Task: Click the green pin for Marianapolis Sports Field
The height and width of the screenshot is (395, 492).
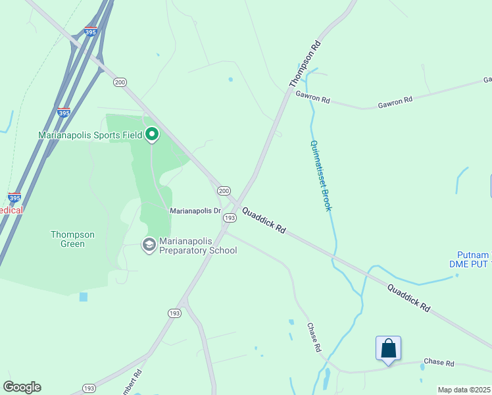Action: tap(152, 135)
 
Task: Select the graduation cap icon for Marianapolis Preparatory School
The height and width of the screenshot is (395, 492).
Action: tap(149, 245)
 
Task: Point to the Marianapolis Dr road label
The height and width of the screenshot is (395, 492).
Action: tap(195, 211)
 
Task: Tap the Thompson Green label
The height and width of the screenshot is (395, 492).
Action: tap(72, 239)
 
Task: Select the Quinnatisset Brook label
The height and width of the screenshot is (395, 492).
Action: tap(320, 176)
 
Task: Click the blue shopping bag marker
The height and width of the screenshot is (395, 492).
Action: tap(388, 348)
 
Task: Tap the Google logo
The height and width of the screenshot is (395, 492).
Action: tap(22, 387)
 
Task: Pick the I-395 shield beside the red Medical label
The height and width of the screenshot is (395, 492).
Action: tap(14, 197)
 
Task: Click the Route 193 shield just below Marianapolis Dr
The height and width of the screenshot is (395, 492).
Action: tap(230, 217)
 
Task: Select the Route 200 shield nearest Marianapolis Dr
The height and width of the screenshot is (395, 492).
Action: tap(224, 190)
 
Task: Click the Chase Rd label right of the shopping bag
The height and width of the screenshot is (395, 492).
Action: tap(439, 363)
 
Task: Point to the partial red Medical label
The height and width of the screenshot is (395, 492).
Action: tap(11, 210)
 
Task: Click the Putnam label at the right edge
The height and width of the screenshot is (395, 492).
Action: tap(474, 255)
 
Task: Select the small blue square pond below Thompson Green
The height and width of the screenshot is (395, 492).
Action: tap(83, 297)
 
